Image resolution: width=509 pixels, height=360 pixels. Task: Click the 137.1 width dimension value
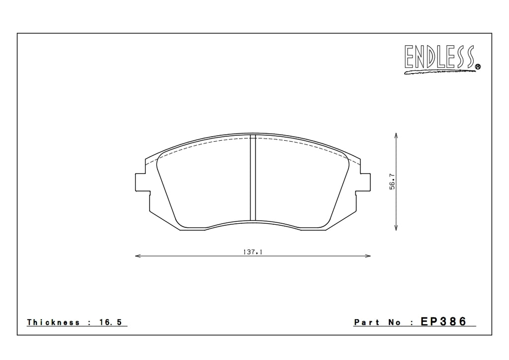pyautogui.click(x=253, y=252)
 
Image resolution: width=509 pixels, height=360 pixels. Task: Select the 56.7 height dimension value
pyautogui.click(x=392, y=181)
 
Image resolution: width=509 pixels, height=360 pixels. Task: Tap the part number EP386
pyautogui.click(x=444, y=322)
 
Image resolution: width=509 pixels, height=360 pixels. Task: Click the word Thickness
pyautogui.click(x=53, y=322)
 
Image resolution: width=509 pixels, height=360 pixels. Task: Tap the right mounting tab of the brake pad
pyautogui.click(x=365, y=182)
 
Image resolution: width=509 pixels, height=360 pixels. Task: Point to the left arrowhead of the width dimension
pyautogui.click(x=138, y=256)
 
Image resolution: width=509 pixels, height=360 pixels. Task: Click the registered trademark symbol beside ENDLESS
pyautogui.click(x=478, y=67)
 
